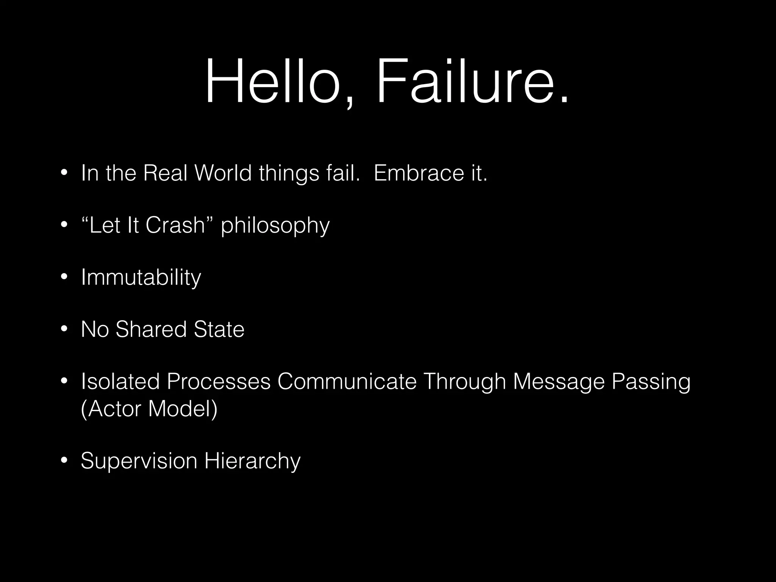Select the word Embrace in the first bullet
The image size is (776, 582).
[419, 173]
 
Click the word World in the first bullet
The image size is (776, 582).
[223, 173]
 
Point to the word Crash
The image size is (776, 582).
[175, 225]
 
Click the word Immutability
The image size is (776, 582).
[141, 278]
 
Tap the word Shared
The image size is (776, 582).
[151, 329]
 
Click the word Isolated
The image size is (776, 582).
[120, 381]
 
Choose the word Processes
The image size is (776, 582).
[219, 381]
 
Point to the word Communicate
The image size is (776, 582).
[347, 381]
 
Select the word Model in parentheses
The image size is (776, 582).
[183, 409]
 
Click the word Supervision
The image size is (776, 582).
[139, 462]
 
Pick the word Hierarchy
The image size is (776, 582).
[252, 462]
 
